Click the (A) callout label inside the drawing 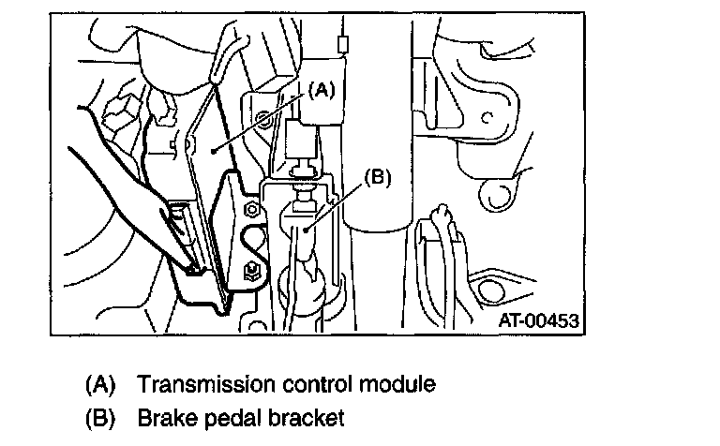tap(320, 91)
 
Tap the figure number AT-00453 tap(538, 320)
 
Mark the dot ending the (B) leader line tap(309, 226)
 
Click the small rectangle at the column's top tap(343, 43)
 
